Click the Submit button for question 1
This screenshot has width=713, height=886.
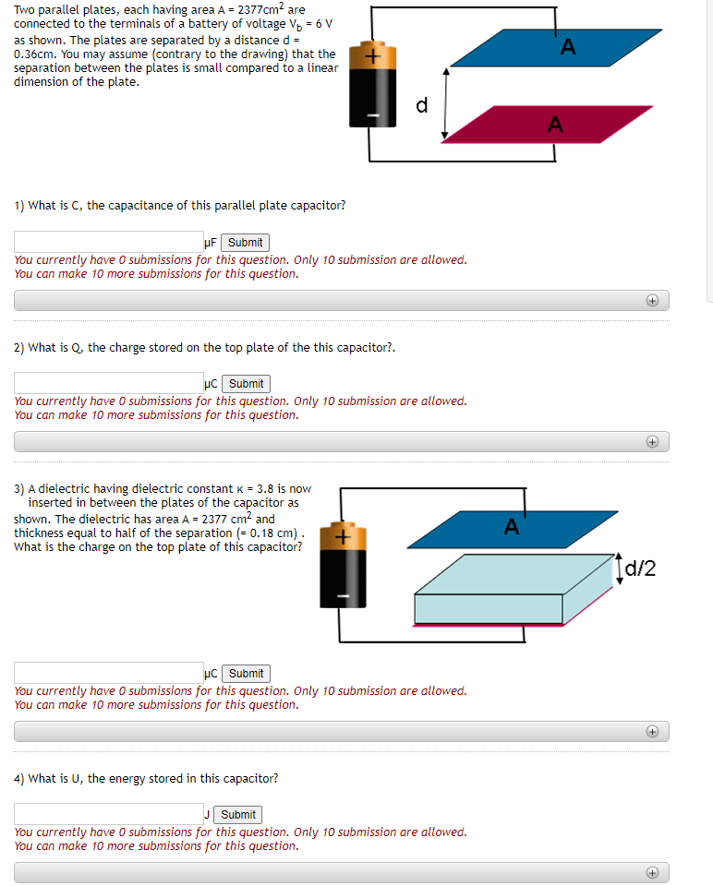(245, 243)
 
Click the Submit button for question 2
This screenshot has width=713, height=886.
(245, 384)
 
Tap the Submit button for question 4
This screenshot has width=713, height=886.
(237, 815)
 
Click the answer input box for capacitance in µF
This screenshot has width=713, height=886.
(108, 243)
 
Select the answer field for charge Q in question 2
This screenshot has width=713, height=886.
(108, 384)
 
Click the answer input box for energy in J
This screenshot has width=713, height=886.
(108, 814)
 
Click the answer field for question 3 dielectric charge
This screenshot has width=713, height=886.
(108, 674)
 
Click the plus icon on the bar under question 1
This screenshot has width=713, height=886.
(652, 301)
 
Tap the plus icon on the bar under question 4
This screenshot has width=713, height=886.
(652, 872)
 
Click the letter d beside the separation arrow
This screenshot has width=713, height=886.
(422, 105)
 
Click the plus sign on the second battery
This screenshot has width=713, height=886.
(343, 536)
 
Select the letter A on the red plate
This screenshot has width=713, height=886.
(555, 124)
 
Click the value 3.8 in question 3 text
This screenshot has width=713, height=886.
(265, 489)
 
